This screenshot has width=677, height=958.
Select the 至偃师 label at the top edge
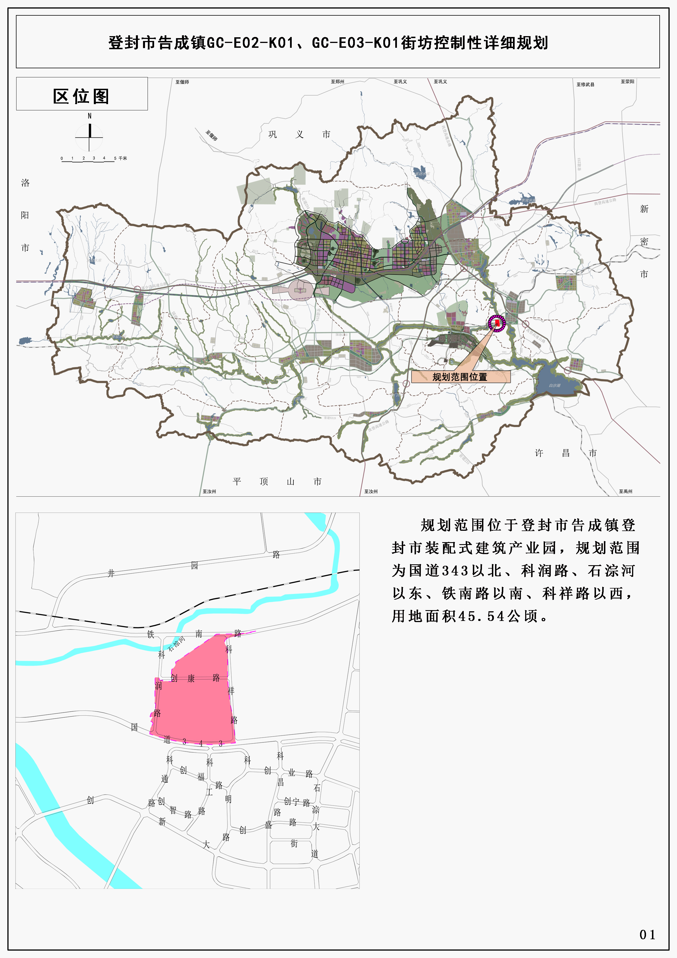click(182, 82)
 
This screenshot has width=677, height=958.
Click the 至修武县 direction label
click(585, 84)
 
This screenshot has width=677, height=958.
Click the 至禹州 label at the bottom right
click(625, 492)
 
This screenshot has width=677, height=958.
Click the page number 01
click(647, 935)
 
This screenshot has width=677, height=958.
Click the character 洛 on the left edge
click(25, 183)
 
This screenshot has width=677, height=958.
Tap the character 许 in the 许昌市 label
click(539, 453)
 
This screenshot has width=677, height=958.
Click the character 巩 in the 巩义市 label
click(272, 134)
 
